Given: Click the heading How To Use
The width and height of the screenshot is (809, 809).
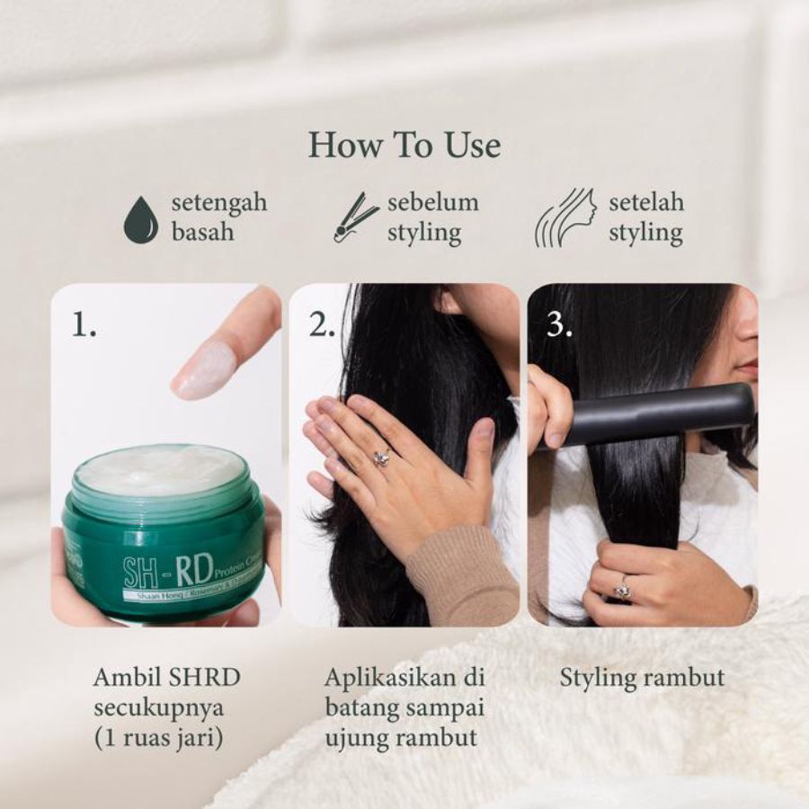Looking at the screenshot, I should (x=404, y=145).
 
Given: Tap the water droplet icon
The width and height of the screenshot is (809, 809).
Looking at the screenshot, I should (x=140, y=218).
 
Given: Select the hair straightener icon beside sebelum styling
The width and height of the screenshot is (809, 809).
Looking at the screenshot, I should (x=356, y=217).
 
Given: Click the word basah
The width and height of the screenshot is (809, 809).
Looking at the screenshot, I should (x=203, y=233).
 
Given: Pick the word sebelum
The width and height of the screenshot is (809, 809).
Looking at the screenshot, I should (x=433, y=202).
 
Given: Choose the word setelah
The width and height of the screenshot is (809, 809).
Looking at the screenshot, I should (x=646, y=202).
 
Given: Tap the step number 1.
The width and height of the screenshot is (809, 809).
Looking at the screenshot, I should (x=84, y=325).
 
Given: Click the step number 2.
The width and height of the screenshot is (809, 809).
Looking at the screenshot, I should (x=322, y=325).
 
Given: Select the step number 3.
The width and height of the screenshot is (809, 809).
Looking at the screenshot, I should (x=559, y=325).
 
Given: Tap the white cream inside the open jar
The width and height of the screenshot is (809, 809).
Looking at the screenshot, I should (x=162, y=468).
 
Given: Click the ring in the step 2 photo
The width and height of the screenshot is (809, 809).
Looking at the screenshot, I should (x=381, y=458).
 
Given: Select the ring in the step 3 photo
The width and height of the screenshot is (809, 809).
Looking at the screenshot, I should (x=621, y=591).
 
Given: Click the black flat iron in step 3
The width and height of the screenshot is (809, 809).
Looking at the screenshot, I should (x=656, y=413).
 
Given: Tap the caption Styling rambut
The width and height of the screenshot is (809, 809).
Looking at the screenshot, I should (x=642, y=677).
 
